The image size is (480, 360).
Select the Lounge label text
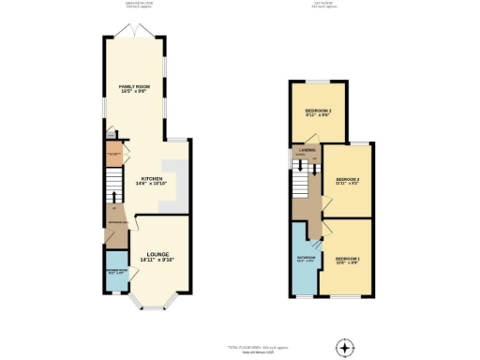pyautogui.click(x=157, y=252)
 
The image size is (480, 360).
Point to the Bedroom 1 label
pyautogui.click(x=347, y=258)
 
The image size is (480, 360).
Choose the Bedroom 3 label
pyautogui.click(x=348, y=178)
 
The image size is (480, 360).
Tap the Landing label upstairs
pyautogui.click(x=307, y=150)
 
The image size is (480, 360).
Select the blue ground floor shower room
pyautogui.click(x=116, y=271)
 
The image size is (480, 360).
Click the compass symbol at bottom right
pyautogui.click(x=347, y=347)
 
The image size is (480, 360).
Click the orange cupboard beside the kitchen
pyautogui.click(x=114, y=150)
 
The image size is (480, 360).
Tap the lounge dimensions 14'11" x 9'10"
pyautogui.click(x=157, y=259)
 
